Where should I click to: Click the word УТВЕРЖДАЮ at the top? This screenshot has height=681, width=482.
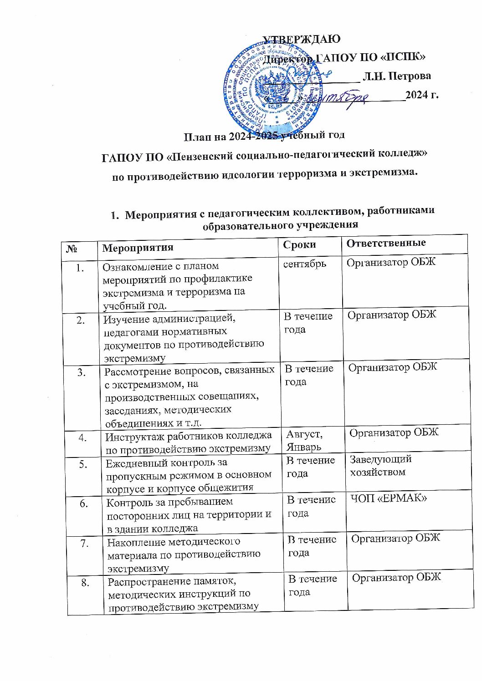(x=302, y=39)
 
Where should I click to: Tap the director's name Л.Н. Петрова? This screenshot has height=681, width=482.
(x=396, y=76)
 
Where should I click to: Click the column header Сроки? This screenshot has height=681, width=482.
(x=299, y=245)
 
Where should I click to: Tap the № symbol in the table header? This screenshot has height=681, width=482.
(x=72, y=249)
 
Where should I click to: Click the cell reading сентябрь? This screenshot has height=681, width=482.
(x=305, y=264)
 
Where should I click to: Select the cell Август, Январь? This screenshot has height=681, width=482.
(x=304, y=440)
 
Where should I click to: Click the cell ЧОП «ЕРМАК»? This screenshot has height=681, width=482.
(x=389, y=498)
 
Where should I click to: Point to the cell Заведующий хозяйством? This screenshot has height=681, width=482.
(x=380, y=466)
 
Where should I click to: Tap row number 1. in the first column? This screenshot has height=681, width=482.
(x=80, y=268)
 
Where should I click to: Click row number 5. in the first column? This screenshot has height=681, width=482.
(x=83, y=464)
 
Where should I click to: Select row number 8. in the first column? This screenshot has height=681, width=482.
(x=85, y=582)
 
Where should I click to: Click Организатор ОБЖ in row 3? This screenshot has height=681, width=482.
(x=392, y=367)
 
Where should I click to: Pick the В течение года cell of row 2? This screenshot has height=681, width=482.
(x=308, y=322)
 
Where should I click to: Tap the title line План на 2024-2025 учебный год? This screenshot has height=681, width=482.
(x=264, y=135)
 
